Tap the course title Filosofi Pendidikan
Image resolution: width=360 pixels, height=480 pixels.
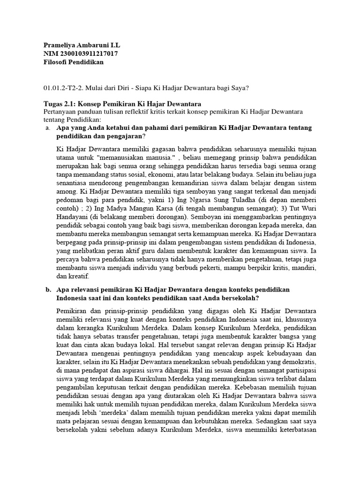coord(74,62)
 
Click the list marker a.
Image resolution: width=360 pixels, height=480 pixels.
coord(48,128)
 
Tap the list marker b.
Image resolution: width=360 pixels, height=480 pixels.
coord(48,290)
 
